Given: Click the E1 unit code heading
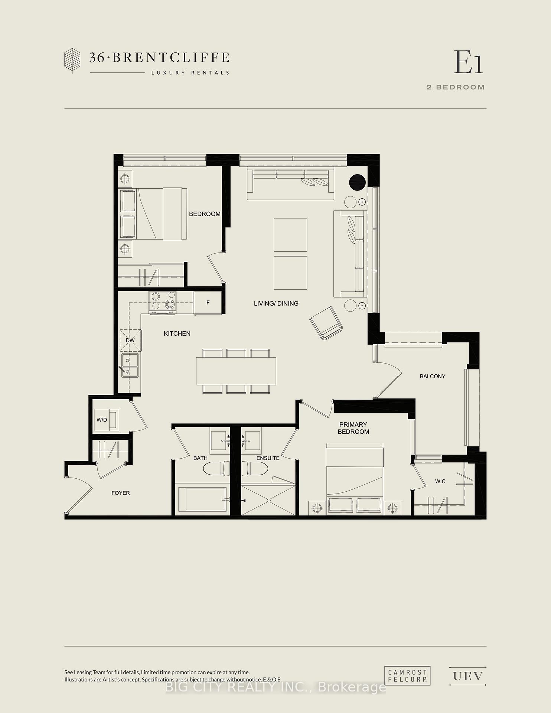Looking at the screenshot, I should (468, 62).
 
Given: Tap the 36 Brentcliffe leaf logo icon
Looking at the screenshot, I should (72, 60).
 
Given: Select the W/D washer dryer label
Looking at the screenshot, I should (102, 420).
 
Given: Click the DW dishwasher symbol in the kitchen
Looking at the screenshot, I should (130, 341).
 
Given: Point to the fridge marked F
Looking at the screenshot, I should (208, 303).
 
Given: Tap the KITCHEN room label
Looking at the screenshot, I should (177, 333).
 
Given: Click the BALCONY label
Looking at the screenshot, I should (432, 376).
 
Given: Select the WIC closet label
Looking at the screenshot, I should (440, 481).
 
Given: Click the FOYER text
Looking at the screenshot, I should (121, 493).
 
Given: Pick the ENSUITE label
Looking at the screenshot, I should (268, 458).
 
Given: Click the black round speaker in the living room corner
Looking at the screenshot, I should (357, 182).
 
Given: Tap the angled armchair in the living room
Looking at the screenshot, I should (326, 323).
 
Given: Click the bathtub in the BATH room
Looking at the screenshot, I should (205, 499).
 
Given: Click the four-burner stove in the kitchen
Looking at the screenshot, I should (163, 301).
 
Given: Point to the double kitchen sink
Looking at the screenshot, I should (130, 365).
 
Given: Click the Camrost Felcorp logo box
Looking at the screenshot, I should (407, 675).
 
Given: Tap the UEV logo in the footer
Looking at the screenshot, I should (467, 676).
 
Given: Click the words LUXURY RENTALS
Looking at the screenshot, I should (190, 73).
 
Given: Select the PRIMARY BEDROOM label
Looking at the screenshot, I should (353, 428).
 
